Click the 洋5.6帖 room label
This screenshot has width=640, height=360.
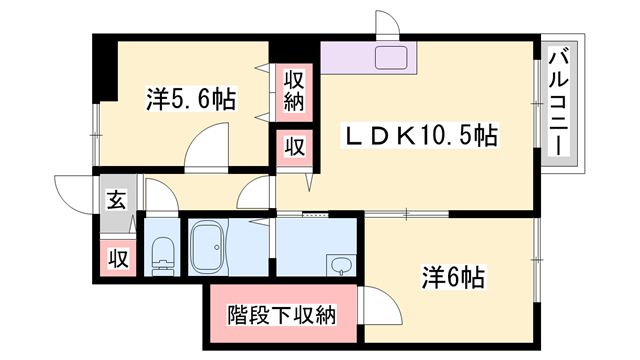[x=191, y=99]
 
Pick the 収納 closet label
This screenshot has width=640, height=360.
[x=293, y=90]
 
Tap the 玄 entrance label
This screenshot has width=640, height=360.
[x=117, y=199]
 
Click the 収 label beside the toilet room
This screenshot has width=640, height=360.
[x=117, y=258]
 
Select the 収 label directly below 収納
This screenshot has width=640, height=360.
[x=293, y=146]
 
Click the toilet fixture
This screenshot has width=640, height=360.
[x=160, y=255]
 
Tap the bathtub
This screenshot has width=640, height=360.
[x=211, y=247]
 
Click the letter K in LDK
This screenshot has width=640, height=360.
[x=396, y=134]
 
